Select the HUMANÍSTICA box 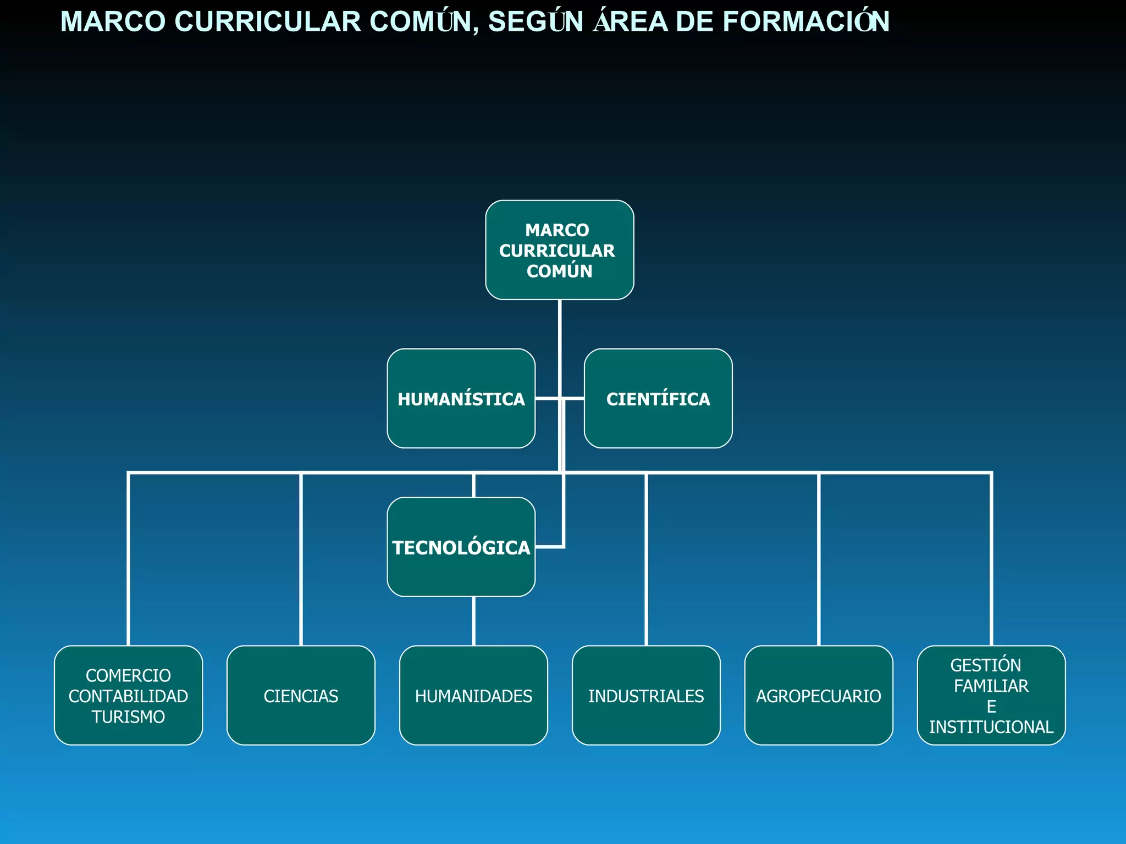(461, 399)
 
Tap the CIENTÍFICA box (658, 399)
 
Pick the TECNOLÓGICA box (461, 547)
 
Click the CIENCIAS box (301, 696)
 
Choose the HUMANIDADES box (473, 696)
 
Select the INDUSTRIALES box (646, 696)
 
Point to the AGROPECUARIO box (818, 696)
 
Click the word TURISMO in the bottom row (128, 717)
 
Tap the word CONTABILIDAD (128, 696)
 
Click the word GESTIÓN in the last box (985, 665)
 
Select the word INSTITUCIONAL (991, 727)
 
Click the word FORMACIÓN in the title (805, 22)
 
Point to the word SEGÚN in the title (536, 22)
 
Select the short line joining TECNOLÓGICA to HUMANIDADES (473, 621)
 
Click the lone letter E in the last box (991, 707)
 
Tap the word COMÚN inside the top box (559, 271)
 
